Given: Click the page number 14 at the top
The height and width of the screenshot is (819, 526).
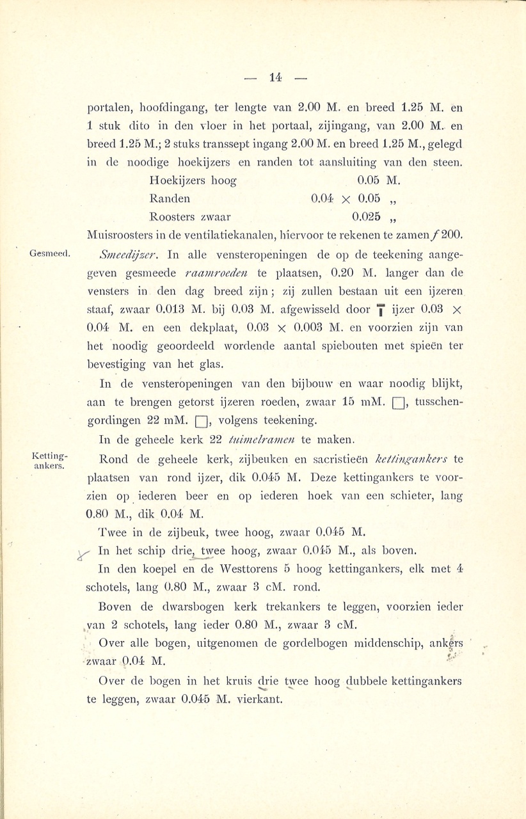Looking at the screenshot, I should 276,77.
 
